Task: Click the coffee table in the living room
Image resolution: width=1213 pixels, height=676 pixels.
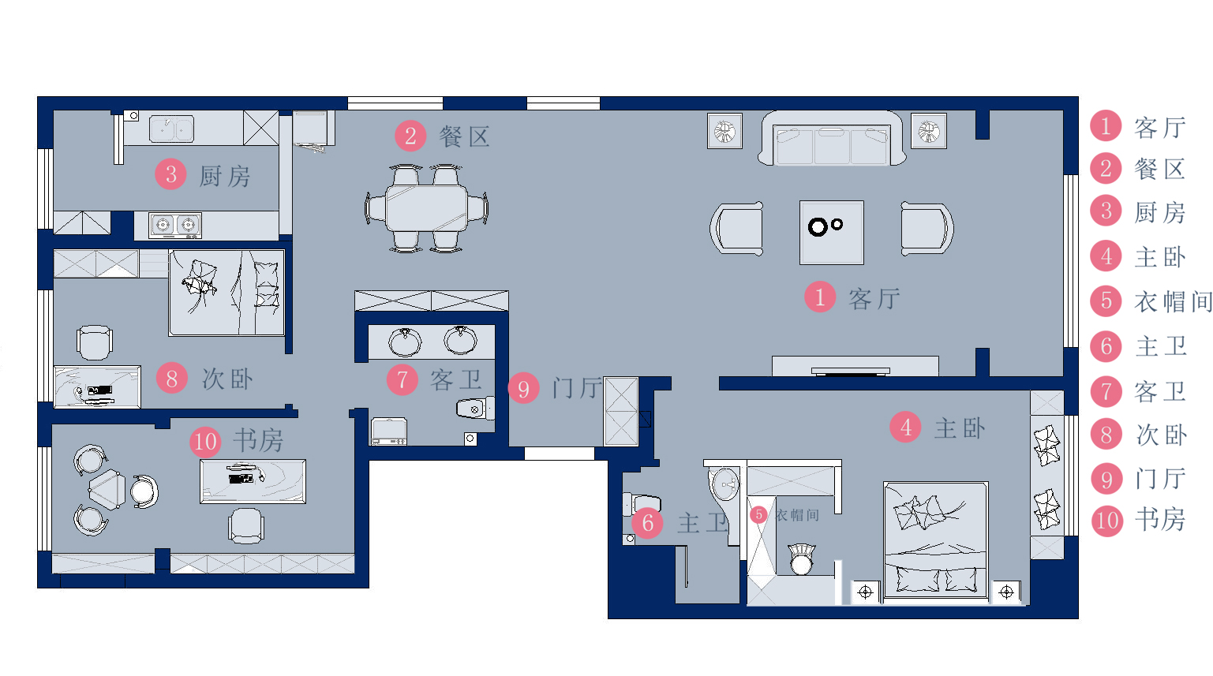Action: click(831, 232)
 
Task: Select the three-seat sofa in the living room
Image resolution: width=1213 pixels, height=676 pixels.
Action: click(832, 138)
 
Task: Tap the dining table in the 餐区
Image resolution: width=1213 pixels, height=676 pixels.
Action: click(427, 208)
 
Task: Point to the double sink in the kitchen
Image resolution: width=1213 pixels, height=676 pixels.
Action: click(172, 129)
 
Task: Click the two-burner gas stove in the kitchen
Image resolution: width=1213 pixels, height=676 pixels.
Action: click(175, 225)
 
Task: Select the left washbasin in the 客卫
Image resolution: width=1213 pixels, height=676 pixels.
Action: click(405, 342)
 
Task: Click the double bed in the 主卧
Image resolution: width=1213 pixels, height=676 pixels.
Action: click(936, 541)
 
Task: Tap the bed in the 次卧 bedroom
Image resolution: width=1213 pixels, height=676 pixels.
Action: click(227, 293)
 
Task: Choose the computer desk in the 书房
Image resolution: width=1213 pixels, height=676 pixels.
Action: click(253, 481)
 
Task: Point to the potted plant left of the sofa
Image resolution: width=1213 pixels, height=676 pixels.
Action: click(724, 130)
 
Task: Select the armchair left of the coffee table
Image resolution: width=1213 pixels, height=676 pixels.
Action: click(737, 229)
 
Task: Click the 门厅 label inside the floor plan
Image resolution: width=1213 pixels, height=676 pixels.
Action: click(577, 389)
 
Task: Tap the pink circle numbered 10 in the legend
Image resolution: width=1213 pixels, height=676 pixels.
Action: click(1107, 521)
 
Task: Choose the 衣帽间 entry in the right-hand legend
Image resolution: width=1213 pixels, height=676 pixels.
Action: click(1173, 301)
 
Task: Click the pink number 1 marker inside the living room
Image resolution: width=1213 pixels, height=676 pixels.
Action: click(820, 297)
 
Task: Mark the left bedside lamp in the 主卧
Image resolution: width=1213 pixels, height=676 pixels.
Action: click(865, 592)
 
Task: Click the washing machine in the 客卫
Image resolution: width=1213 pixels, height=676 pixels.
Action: click(389, 431)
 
